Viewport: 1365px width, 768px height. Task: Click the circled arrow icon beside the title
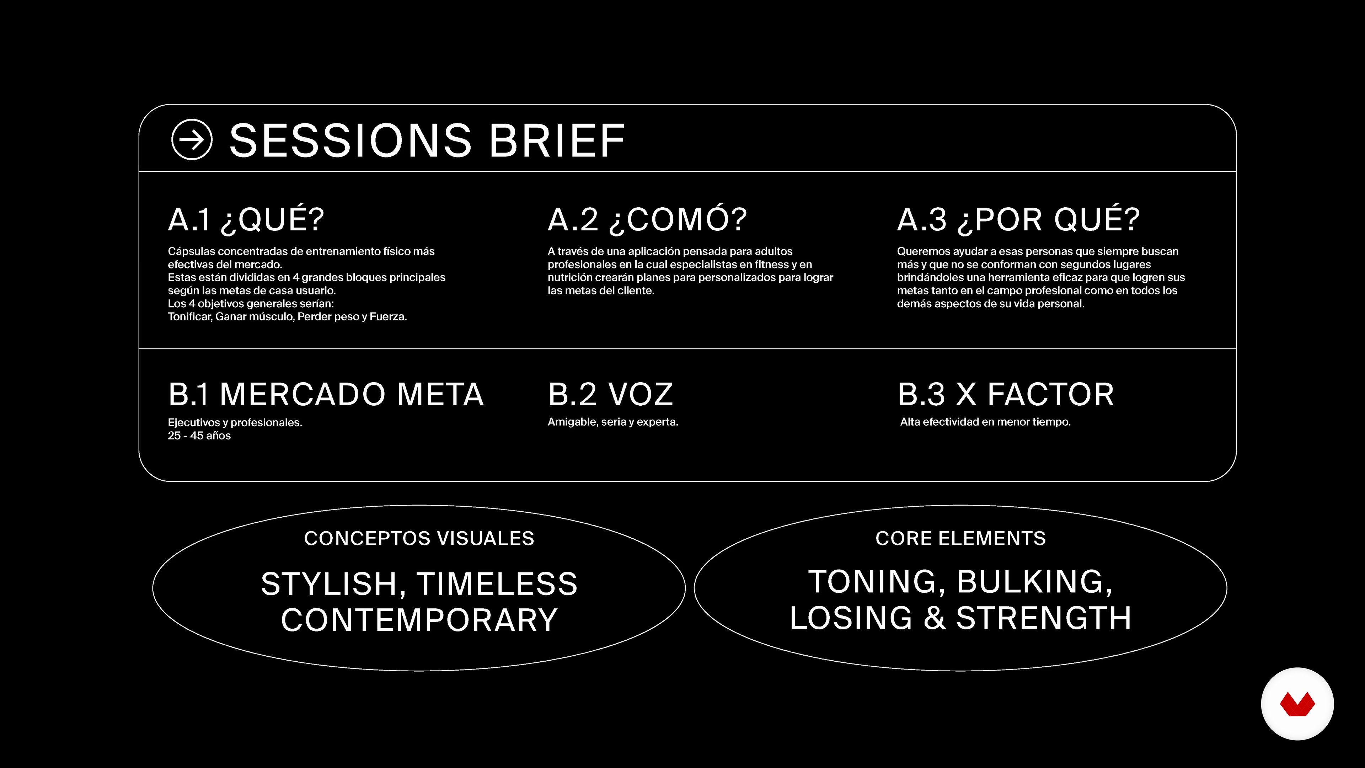(x=192, y=139)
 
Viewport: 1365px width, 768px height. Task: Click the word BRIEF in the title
(x=557, y=140)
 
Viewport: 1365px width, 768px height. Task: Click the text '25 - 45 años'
(x=199, y=436)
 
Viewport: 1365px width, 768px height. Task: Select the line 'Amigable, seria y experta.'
(x=612, y=422)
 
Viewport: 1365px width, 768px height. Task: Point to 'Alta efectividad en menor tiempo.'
(x=985, y=422)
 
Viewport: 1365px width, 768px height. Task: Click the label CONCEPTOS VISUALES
(x=419, y=539)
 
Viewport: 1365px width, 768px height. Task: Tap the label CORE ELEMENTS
(x=960, y=539)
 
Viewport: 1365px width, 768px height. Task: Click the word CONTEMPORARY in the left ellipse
(x=419, y=620)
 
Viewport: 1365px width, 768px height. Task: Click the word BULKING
(x=1034, y=582)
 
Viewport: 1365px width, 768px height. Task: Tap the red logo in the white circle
(x=1297, y=704)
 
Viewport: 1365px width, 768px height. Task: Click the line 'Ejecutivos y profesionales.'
(x=235, y=422)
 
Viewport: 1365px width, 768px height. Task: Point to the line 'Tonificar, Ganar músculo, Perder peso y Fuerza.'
(x=287, y=316)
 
